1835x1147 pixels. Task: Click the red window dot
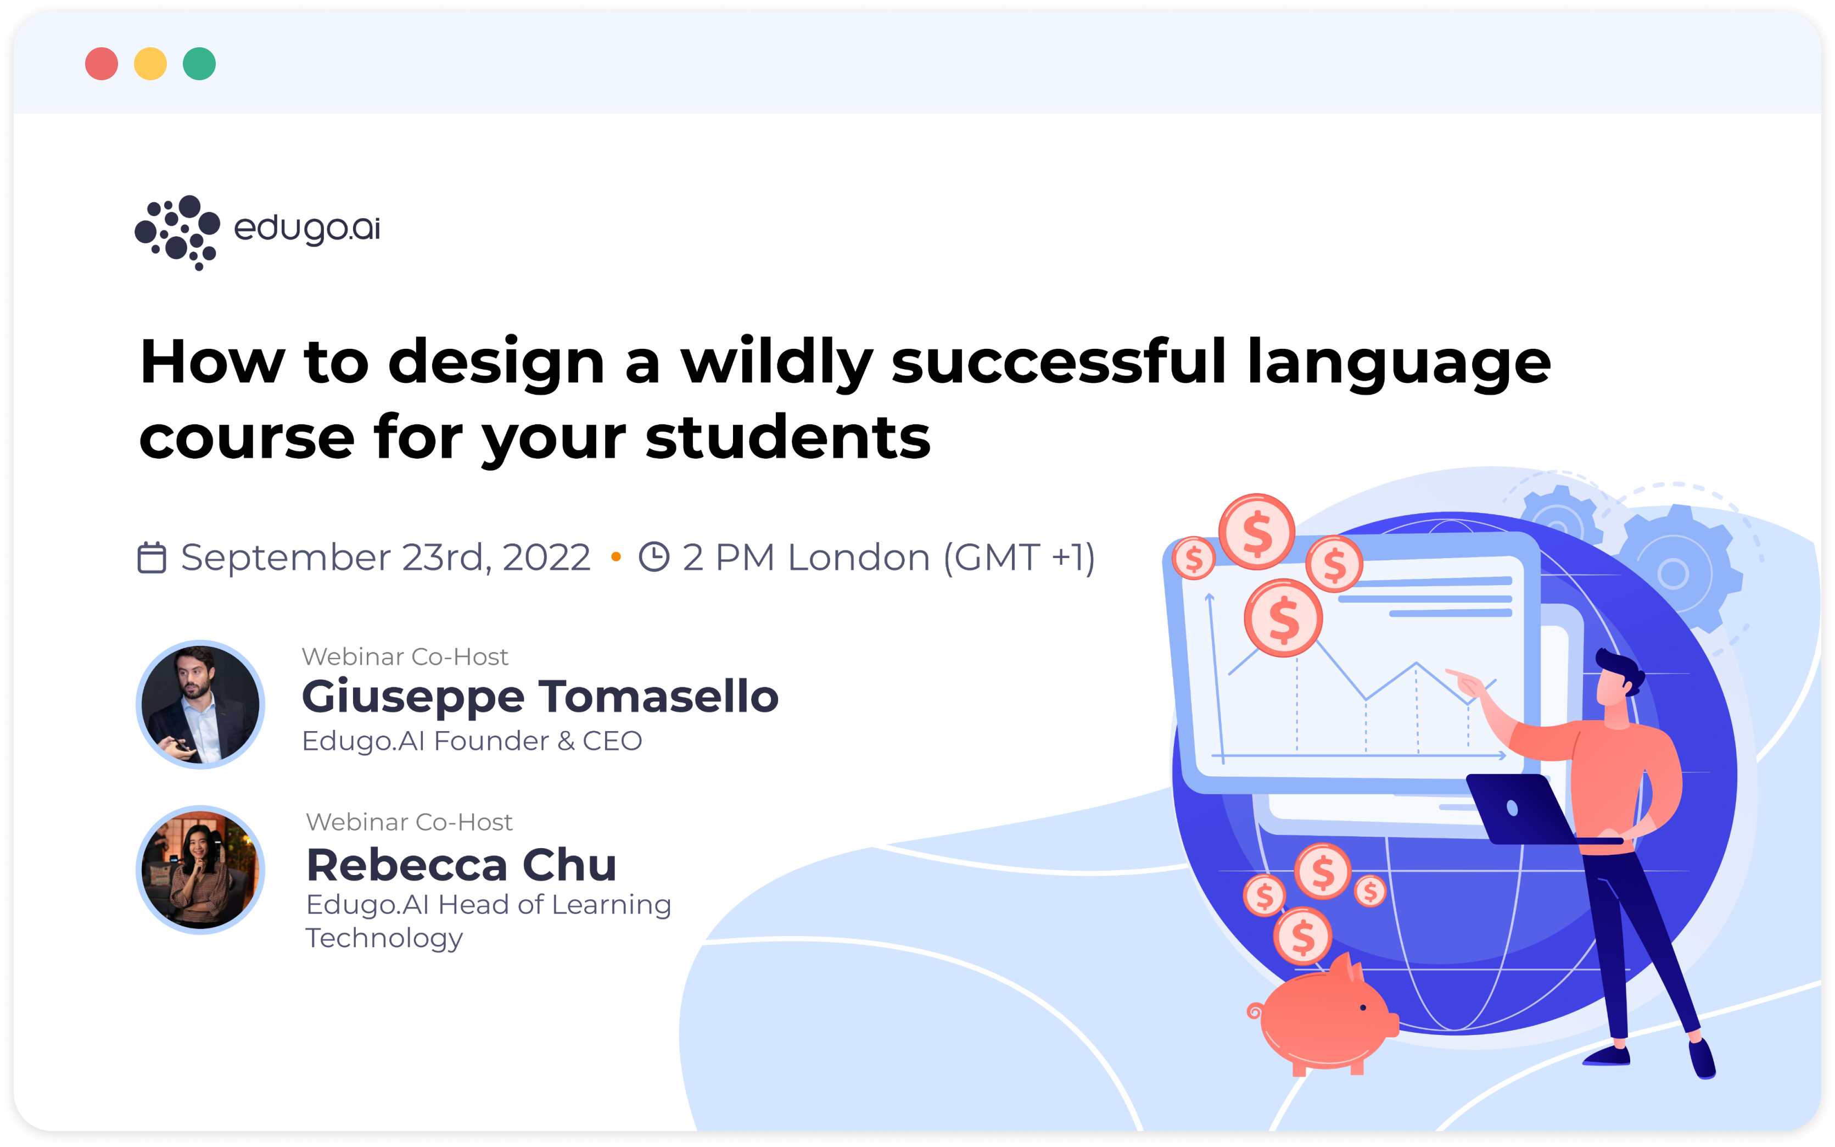point(102,64)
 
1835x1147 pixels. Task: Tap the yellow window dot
point(150,64)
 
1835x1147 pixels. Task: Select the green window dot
point(199,64)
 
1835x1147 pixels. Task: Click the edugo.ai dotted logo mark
point(177,231)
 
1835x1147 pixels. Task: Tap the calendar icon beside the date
point(152,558)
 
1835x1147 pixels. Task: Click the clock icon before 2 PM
point(653,557)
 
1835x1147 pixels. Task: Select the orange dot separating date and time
point(616,558)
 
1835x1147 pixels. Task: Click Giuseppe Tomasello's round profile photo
point(200,704)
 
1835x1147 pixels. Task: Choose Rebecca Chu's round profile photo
point(200,870)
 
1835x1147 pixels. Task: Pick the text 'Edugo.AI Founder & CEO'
point(472,741)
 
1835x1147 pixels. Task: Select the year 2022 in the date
point(546,558)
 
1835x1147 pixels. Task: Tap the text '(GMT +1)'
point(1019,558)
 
